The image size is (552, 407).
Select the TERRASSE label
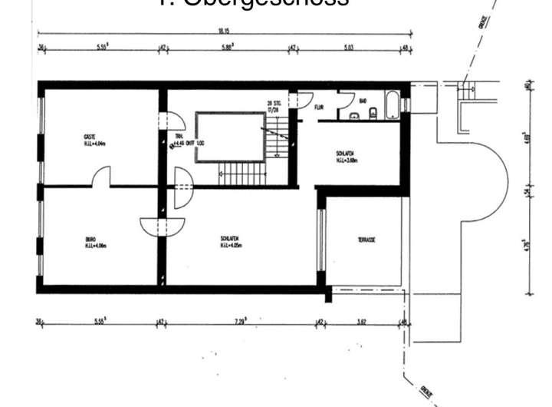point(366,240)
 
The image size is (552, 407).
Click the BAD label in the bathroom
point(363,101)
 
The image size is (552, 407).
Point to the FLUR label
point(319,107)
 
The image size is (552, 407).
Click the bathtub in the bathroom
point(392,104)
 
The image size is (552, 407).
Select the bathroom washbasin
point(355,116)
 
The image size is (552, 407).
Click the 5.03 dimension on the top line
point(349,48)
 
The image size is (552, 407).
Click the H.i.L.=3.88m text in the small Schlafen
point(347,160)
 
